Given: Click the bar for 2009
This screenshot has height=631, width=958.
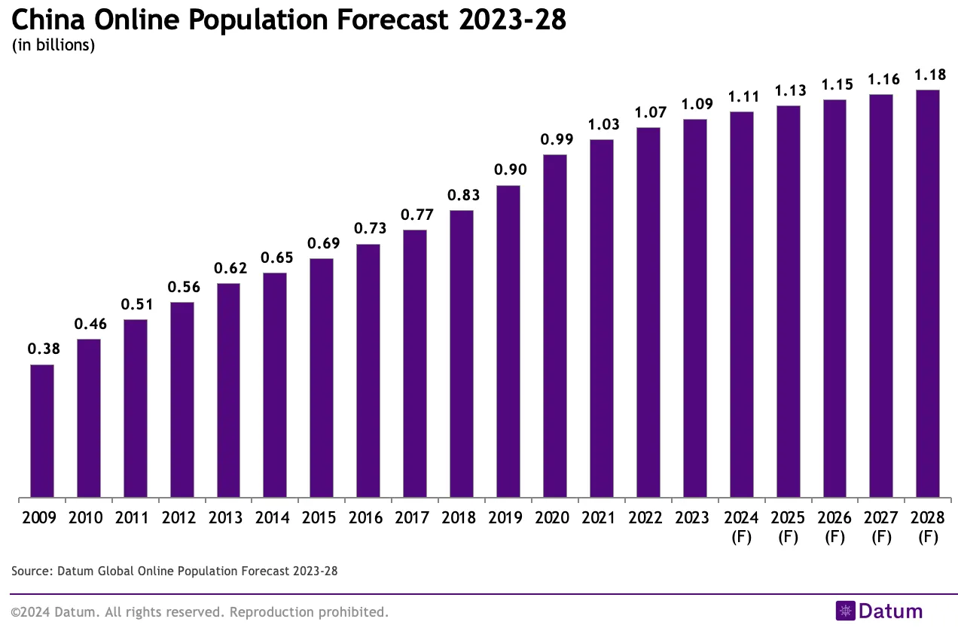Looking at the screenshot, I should pos(42,431).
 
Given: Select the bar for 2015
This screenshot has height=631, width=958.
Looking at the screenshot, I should pos(322,378).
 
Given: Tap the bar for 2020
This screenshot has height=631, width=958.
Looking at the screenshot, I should pos(554,326).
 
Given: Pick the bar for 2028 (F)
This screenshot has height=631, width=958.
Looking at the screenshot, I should pos(927,294).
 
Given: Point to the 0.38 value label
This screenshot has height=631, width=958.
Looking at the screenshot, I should pos(42,349).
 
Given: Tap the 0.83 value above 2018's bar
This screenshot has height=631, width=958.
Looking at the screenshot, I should pos(462,194).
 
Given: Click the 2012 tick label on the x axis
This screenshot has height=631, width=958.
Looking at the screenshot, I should pos(182,518).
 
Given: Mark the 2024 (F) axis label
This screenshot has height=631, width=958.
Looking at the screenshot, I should pos(741,527).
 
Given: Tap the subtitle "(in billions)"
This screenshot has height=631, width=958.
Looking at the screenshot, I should pos(53,45).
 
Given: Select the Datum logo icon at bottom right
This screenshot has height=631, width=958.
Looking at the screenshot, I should pos(846,611).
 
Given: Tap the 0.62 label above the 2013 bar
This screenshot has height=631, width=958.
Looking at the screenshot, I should pos(228,267).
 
